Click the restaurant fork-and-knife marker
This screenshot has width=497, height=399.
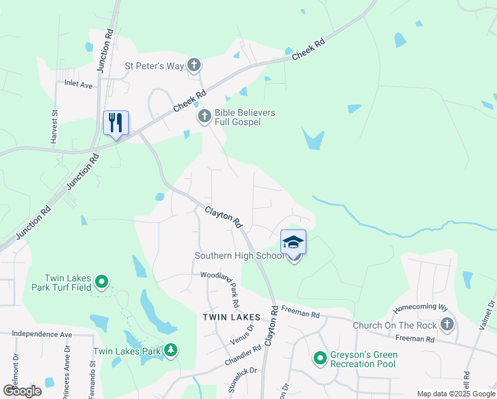point(116,123)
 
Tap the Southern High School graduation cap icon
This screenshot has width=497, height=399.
point(293,242)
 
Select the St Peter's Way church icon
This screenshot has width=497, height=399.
point(194,65)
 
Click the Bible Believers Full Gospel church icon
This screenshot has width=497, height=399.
point(205,117)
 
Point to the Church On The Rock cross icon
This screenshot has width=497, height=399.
point(447,325)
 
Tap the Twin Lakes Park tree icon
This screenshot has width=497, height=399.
point(171,350)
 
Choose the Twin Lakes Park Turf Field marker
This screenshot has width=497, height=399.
point(102,283)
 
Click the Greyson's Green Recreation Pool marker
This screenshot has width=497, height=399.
point(320,358)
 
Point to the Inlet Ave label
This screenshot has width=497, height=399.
point(78,84)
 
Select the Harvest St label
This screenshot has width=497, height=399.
point(55,127)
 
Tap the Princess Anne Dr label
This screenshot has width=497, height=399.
point(74,375)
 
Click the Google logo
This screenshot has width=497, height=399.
point(22,391)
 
